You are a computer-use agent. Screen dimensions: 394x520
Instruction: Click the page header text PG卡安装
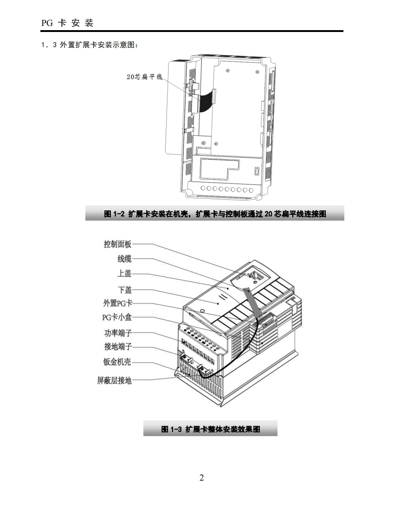tap(67, 22)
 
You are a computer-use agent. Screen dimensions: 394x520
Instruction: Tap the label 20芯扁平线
tap(144, 76)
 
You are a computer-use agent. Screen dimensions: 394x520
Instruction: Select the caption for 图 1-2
tap(215, 214)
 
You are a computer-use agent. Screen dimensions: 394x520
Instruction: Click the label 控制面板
tap(117, 244)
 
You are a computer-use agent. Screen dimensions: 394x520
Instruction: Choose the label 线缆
tap(124, 259)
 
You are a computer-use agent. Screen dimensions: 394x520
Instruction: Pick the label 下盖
tap(124, 290)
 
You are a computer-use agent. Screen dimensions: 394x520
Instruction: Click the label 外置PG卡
tap(117, 304)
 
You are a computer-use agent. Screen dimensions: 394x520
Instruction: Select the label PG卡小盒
tap(117, 317)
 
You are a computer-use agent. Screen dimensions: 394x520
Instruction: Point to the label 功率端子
tap(117, 333)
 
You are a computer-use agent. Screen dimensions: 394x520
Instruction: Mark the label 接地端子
tap(117, 347)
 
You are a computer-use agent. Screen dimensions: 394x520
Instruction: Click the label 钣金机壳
tap(117, 362)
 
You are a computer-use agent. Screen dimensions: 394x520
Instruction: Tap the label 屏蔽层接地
tap(114, 380)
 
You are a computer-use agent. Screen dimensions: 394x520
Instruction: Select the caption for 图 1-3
tap(210, 429)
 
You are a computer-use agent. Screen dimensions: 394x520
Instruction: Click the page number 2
tap(201, 478)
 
